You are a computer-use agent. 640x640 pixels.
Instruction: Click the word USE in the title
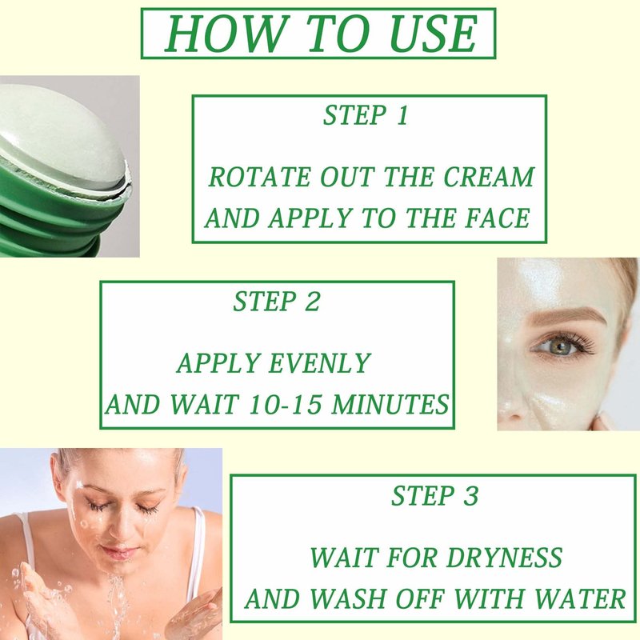click(x=434, y=34)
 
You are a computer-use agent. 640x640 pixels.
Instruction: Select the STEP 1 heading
click(x=366, y=115)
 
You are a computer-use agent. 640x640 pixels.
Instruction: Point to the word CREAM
click(x=489, y=177)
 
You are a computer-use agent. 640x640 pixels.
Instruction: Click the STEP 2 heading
click(x=276, y=302)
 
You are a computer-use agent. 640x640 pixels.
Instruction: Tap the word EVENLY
click(x=320, y=363)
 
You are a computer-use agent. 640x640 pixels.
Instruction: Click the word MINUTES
click(x=390, y=405)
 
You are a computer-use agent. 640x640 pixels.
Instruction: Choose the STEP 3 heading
click(x=434, y=496)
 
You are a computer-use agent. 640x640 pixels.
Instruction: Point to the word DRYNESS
click(x=504, y=558)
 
